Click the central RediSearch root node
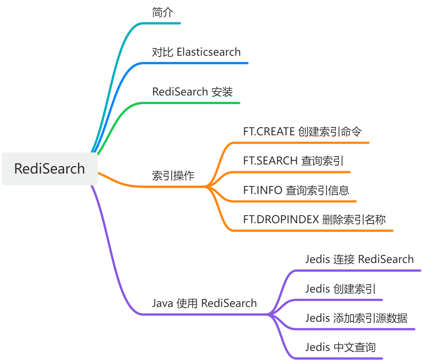pos(50,169)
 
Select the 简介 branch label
pos(163,12)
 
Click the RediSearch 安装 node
pos(192,92)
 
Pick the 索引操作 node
pos(173,176)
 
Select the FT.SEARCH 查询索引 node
pos(293,161)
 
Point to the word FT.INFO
pos(263,190)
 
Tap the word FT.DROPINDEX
pos(281,219)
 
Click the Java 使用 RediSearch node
pos(204,303)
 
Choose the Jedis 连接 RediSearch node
pos(359,259)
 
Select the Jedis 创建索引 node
pos(340,289)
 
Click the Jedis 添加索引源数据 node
pos(356,318)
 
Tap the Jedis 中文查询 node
pos(340,347)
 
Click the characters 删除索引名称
pos(354,219)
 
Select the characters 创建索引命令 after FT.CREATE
pos(330,131)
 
